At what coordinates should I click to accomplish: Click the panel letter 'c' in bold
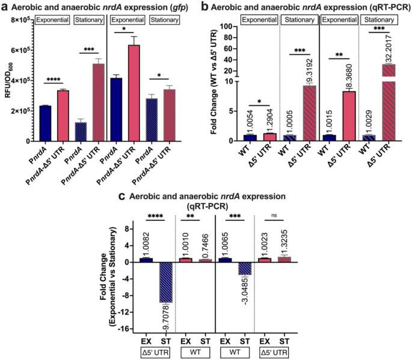122,196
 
